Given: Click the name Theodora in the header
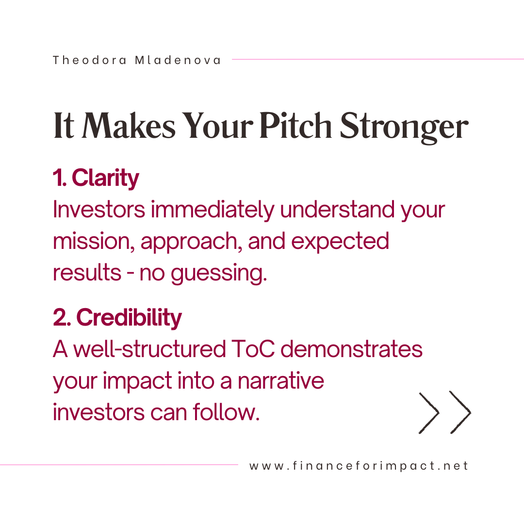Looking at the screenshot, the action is [90, 60].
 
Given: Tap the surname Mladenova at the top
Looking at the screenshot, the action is [178, 60].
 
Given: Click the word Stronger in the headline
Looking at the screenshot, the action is [404, 128].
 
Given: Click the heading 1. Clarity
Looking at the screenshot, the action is [96, 178].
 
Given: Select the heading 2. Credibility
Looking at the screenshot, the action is [117, 317].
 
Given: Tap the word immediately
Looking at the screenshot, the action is [213, 210].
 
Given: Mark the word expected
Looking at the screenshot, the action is [340, 242].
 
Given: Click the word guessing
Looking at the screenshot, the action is [219, 274].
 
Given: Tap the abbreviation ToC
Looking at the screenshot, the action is [253, 349].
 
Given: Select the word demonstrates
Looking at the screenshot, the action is [352, 349].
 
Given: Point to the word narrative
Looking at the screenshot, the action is [281, 381].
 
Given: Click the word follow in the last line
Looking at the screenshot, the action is [226, 412].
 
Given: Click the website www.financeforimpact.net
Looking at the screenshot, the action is [359, 466].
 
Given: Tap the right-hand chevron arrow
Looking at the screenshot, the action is [460, 412].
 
